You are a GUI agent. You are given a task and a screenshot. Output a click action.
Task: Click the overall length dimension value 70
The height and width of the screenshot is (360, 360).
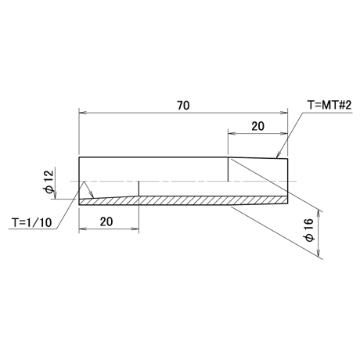tap(183, 106)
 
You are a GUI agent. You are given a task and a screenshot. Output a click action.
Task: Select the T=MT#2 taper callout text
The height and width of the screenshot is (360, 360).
tap(329, 105)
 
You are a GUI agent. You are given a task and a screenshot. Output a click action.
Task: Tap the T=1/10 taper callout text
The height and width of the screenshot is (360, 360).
tap(32, 222)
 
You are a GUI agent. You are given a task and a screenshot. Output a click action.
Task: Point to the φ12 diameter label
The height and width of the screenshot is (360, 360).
tap(49, 182)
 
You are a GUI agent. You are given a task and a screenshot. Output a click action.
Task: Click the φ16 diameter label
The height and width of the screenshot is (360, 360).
tap(308, 230)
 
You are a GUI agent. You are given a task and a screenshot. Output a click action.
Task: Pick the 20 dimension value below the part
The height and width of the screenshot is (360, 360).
tap(106, 221)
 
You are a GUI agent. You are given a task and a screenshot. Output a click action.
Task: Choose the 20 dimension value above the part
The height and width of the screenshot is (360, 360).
tap(257, 126)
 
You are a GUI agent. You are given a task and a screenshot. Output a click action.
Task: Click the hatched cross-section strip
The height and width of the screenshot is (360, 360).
tap(183, 200)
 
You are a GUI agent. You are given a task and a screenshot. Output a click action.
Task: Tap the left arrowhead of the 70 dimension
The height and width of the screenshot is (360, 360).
tap(82, 113)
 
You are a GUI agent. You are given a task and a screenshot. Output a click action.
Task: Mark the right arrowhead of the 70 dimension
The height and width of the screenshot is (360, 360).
tap(284, 113)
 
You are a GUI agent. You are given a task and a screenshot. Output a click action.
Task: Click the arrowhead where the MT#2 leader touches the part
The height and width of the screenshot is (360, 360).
tap(279, 155)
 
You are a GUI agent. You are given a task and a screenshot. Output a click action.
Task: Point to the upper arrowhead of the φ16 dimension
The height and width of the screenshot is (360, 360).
tap(319, 214)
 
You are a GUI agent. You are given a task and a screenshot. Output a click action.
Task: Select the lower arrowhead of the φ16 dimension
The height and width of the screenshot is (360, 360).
tap(319, 252)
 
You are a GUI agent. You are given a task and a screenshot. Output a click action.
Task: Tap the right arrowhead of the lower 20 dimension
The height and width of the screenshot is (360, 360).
tap(135, 229)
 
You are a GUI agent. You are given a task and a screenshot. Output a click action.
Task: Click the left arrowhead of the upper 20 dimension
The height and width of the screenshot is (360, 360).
tap(232, 133)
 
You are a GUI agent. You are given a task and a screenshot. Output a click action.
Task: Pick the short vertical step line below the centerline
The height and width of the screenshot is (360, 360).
tap(139, 189)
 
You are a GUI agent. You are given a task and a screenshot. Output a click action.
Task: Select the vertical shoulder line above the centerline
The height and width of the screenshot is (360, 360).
tap(229, 169)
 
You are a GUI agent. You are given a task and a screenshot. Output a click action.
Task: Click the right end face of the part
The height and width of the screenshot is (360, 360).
tap(288, 182)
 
